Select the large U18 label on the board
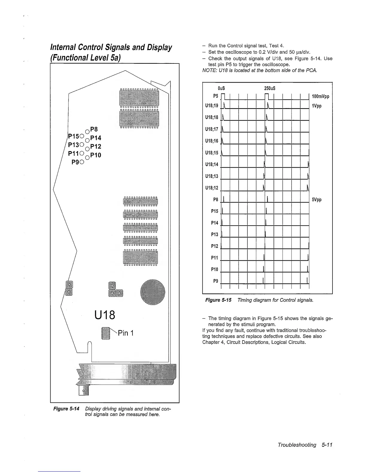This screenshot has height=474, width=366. coord(104,315)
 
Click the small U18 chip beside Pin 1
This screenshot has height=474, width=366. coord(106,333)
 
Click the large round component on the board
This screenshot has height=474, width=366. coord(152,292)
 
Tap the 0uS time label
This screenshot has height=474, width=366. coord(221,89)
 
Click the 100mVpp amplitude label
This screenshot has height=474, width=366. coord(320,97)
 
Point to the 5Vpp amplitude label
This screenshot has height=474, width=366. coord(317,200)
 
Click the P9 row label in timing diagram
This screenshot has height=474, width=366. coord(215,281)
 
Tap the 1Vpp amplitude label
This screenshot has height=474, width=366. coord(317,106)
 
